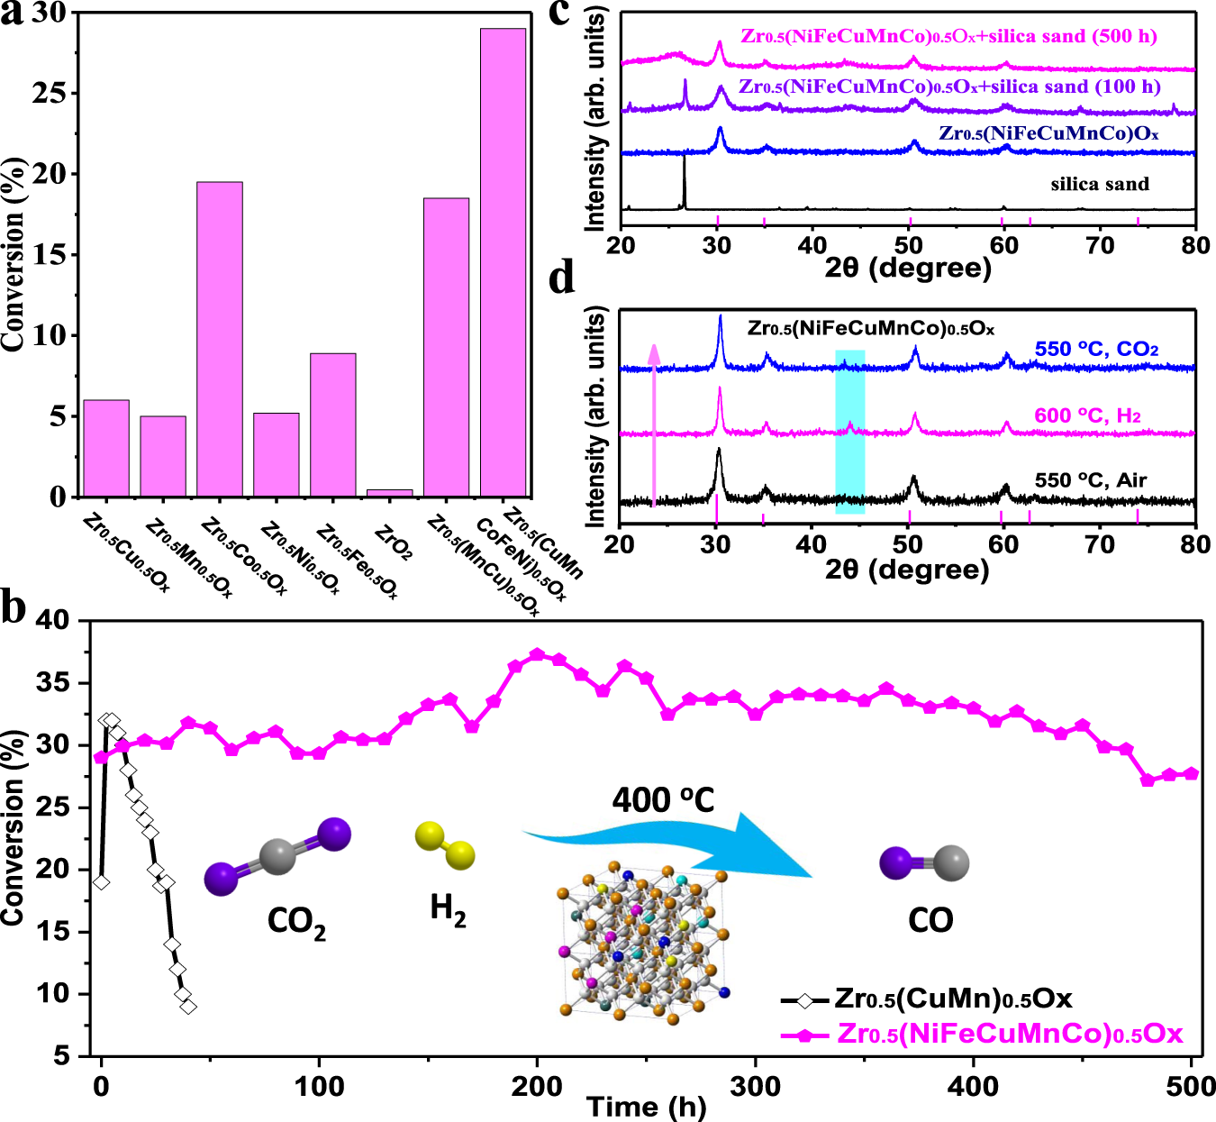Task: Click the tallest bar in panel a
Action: [503, 261]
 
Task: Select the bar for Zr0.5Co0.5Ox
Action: [220, 339]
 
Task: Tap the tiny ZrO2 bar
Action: [389, 493]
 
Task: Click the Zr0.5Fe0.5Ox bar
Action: [332, 424]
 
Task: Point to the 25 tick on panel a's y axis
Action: [55, 94]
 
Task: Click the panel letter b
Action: [14, 607]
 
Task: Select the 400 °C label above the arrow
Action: [663, 799]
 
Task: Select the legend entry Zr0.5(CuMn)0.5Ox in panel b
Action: [953, 999]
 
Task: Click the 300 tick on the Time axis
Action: [755, 1086]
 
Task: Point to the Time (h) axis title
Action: [646, 1107]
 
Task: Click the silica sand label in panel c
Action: [1100, 185]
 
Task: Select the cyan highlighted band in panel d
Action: [849, 432]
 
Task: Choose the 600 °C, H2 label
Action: [1087, 415]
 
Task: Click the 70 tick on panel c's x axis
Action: [1100, 245]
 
